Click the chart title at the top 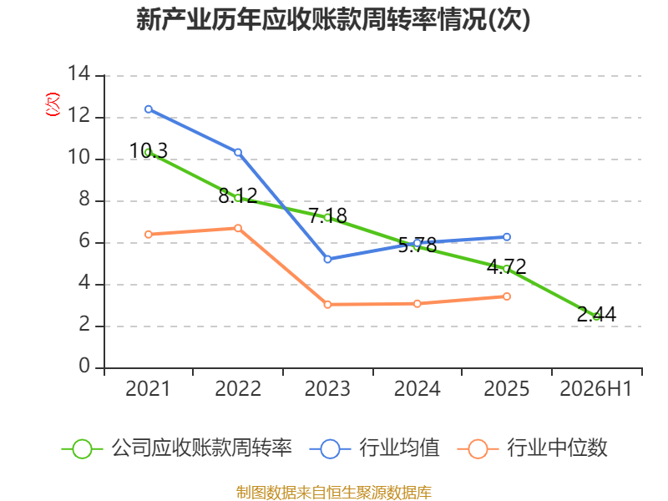(333, 19)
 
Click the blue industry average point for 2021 (149, 109)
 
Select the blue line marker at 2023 (327, 259)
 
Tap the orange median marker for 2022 (238, 228)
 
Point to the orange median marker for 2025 (507, 296)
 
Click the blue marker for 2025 (507, 237)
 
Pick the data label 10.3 (149, 151)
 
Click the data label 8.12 (238, 196)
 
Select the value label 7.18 (327, 215)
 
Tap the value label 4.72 (507, 267)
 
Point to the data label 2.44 (596, 315)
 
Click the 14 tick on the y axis (79, 74)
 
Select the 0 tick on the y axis (84, 367)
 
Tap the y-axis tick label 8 (84, 200)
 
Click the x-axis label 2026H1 (596, 389)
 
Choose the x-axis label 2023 (327, 389)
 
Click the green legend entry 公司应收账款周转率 (177, 448)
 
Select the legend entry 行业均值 (374, 448)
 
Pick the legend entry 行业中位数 (533, 448)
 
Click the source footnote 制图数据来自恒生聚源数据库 (334, 493)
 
